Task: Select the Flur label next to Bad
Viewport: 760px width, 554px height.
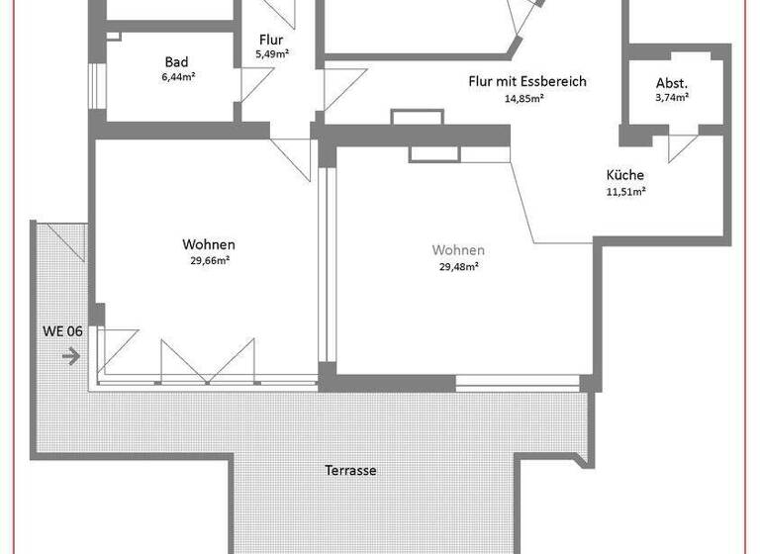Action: [271, 40]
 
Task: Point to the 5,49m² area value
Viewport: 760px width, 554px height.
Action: [271, 55]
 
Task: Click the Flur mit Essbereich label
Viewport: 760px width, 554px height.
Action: [526, 81]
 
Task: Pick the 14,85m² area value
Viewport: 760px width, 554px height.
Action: [526, 98]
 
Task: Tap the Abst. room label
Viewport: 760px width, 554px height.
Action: [672, 83]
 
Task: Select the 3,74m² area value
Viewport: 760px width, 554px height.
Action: [672, 98]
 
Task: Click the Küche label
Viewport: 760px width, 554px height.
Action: [624, 175]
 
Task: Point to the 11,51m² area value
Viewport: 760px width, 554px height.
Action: [625, 191]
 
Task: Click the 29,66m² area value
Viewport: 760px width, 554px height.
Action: [209, 260]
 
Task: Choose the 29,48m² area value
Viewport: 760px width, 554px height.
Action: [458, 265]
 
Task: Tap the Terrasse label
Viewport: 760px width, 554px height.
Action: [350, 471]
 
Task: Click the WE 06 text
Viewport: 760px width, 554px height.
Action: [61, 331]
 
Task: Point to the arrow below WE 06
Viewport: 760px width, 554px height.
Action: [69, 355]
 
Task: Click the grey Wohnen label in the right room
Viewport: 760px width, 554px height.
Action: [458, 250]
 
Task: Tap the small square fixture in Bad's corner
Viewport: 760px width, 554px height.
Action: [113, 36]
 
